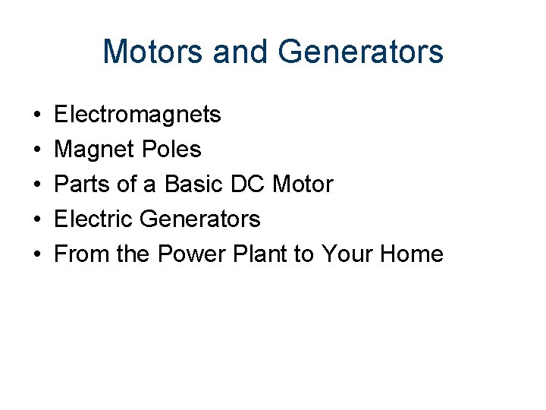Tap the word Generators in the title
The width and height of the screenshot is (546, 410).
click(x=361, y=52)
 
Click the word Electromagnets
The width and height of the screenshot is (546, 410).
click(x=138, y=115)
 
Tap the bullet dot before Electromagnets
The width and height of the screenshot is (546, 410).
click(x=37, y=115)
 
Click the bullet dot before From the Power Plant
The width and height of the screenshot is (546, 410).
click(x=37, y=254)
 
